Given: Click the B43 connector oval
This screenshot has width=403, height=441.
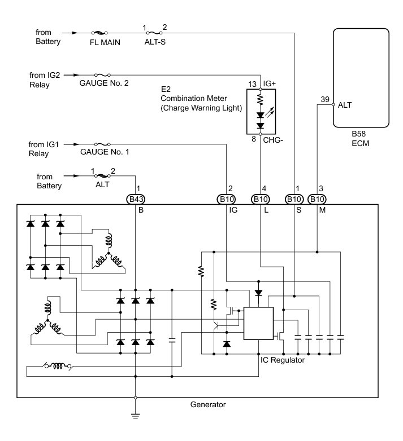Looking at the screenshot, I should [x=136, y=199].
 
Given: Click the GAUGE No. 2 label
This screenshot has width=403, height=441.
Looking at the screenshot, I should [x=105, y=83].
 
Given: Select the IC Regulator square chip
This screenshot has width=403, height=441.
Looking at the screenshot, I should [x=258, y=323].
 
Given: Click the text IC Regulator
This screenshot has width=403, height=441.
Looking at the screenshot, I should [x=283, y=360].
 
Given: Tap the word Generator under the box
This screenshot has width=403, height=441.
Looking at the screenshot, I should [x=208, y=404].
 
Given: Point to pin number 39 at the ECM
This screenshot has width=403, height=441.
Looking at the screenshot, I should [x=325, y=99].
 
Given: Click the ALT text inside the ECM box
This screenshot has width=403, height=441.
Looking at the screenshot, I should [x=345, y=105].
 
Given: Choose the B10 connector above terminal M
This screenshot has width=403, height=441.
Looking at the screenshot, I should [x=318, y=199].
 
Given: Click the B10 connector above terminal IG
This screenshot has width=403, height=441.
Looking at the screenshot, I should [x=227, y=199].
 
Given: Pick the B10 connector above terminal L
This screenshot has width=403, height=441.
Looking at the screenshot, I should [x=261, y=199].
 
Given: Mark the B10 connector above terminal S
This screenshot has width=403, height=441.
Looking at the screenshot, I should [x=294, y=199].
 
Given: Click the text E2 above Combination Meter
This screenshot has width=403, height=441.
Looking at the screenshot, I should [x=166, y=88].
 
